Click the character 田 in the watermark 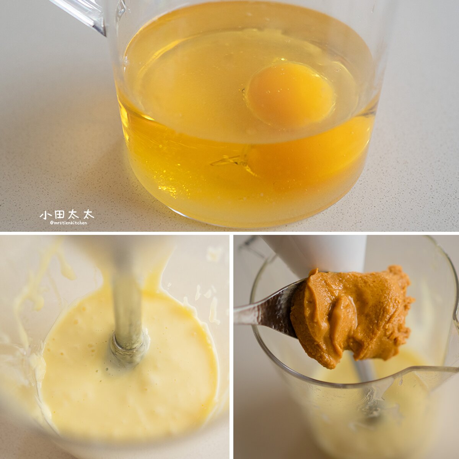[60, 215]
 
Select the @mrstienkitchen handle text [68, 223]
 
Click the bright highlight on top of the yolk [283, 60]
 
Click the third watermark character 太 [74, 215]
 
